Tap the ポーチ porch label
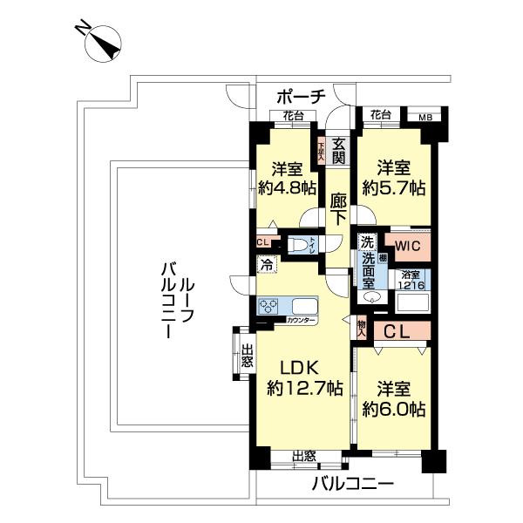coord(301,95)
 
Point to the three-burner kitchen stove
coord(269,307)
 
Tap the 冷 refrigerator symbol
coord(265,261)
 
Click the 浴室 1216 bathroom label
coord(410,279)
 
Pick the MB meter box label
coord(425,115)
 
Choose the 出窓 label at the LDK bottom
coord(303,456)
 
